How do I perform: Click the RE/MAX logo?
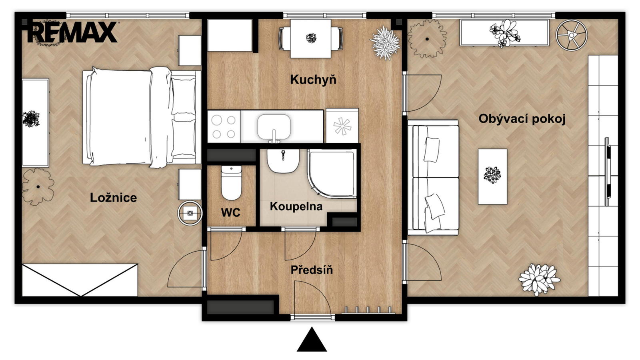click(72, 32)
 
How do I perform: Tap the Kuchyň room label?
click(313, 80)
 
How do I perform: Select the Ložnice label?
click(114, 198)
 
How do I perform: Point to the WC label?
click(230, 212)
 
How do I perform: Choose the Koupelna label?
click(296, 206)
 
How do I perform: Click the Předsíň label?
click(312, 270)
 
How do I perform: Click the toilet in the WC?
click(232, 183)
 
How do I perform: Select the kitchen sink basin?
click(274, 128)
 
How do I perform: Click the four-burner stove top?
click(224, 127)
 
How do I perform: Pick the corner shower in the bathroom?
click(332, 174)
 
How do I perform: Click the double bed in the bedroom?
click(142, 118)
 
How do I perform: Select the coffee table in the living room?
click(492, 176)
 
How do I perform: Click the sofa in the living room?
click(433, 177)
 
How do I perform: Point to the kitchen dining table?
click(311, 38)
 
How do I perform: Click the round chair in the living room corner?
click(572, 35)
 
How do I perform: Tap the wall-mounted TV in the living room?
click(607, 172)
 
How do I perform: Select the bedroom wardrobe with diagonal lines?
click(80, 280)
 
